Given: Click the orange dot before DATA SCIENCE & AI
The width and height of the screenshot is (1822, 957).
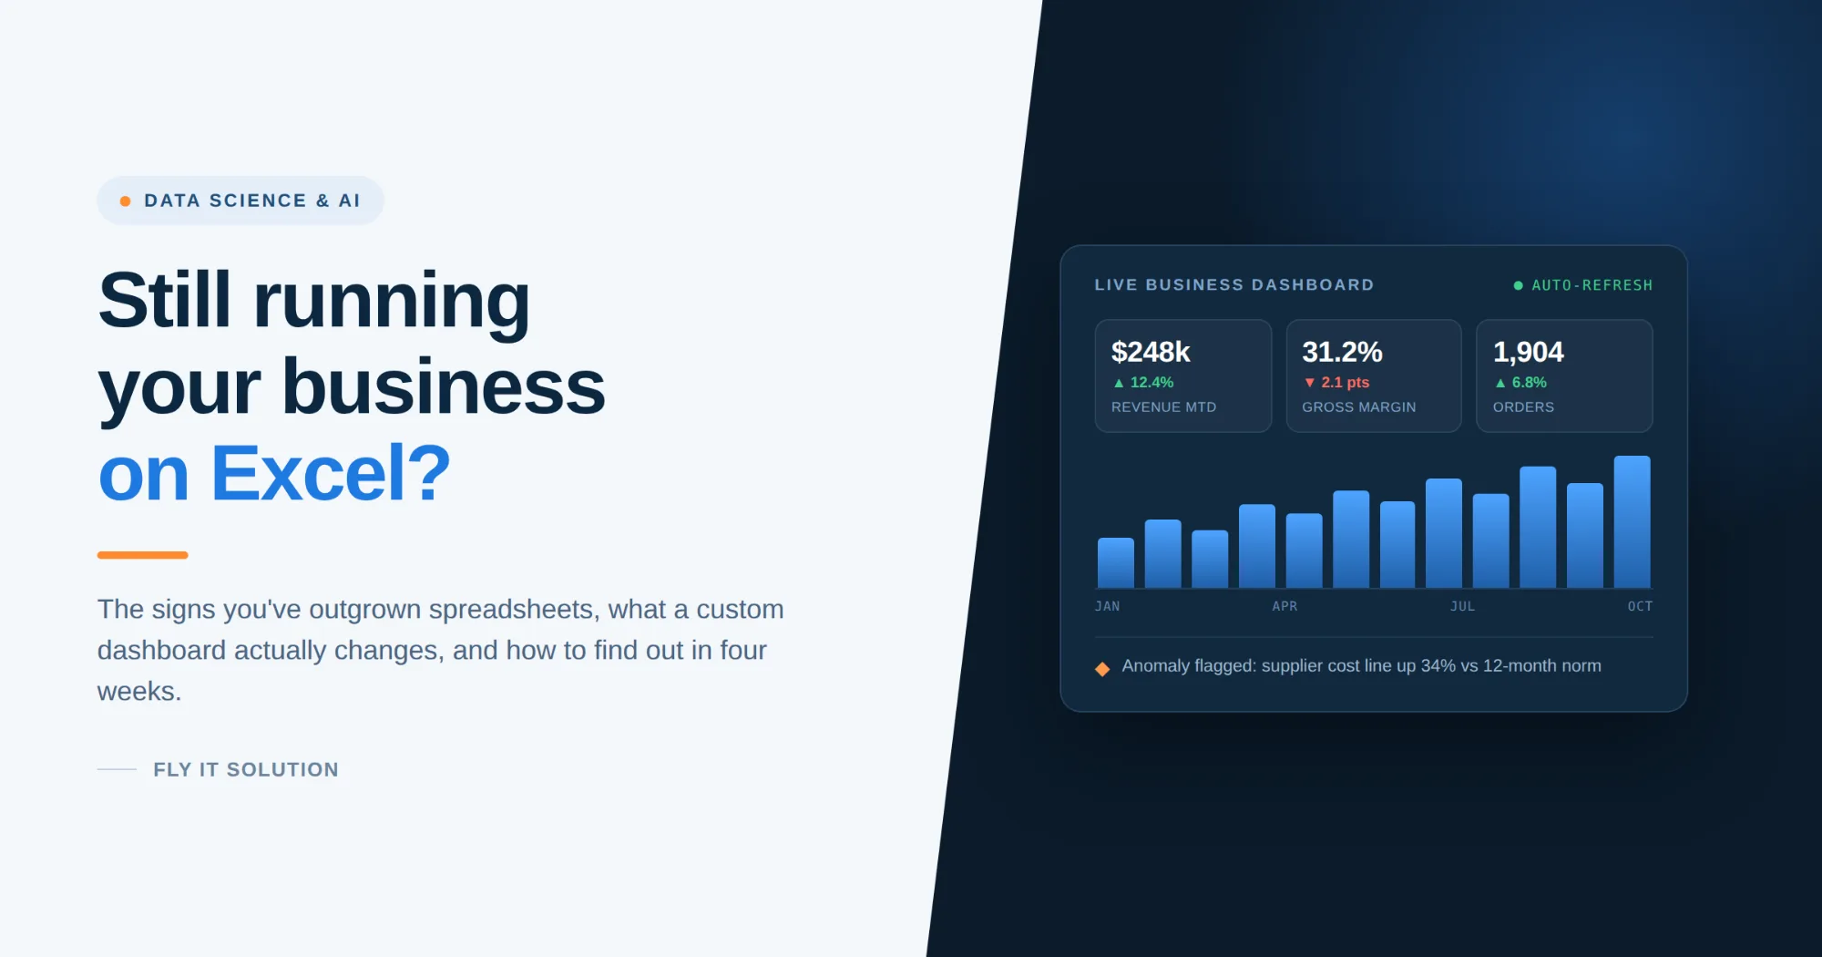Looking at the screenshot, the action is pyautogui.click(x=125, y=201).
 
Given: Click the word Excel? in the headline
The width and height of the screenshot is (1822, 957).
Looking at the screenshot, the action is pyautogui.click(x=331, y=473).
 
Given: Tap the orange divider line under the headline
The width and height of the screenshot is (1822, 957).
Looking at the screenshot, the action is pyautogui.click(x=142, y=555).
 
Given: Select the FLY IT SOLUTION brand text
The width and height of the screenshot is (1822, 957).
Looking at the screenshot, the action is pyautogui.click(x=246, y=770).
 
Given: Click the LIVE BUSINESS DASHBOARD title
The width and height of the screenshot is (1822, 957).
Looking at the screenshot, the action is pyautogui.click(x=1234, y=285).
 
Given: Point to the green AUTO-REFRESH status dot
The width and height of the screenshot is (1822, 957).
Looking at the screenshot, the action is pyautogui.click(x=1518, y=286).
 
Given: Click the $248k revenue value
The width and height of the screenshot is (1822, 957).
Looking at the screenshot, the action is pyautogui.click(x=1151, y=352).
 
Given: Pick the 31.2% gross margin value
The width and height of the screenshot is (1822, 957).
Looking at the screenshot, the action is pyautogui.click(x=1342, y=352).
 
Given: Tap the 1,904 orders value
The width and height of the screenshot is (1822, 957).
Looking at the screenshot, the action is pyautogui.click(x=1528, y=352).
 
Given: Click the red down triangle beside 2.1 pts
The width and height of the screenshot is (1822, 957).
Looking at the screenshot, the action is pyautogui.click(x=1309, y=383).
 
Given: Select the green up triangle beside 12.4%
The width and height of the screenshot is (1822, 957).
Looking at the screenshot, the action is pyautogui.click(x=1119, y=383).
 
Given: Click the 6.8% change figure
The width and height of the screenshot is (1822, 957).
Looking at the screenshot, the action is pyautogui.click(x=1530, y=383).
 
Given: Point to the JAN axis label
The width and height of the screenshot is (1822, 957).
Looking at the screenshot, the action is pyautogui.click(x=1107, y=606).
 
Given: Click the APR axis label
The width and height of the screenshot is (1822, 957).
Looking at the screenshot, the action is pyautogui.click(x=1285, y=606).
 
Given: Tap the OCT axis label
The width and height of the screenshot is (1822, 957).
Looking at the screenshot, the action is pyautogui.click(x=1640, y=606).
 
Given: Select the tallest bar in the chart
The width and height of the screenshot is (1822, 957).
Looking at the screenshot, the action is pyautogui.click(x=1632, y=521).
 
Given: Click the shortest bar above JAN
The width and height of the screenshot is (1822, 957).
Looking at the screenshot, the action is pyautogui.click(x=1116, y=562).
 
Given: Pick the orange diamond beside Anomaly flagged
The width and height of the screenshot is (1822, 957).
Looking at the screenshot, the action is pyautogui.click(x=1102, y=669).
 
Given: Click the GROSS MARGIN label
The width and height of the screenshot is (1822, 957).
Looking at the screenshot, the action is pyautogui.click(x=1358, y=407).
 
